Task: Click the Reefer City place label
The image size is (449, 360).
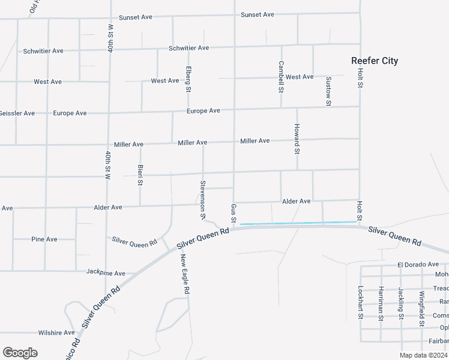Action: (375, 61)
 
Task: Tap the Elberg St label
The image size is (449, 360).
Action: (188, 79)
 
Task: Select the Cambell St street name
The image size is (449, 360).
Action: (280, 77)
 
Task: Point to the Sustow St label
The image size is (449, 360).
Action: (328, 91)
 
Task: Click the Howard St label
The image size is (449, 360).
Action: (297, 139)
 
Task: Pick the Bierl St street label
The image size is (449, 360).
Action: (140, 175)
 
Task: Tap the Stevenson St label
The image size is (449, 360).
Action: (203, 200)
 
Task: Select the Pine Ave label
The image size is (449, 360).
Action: (44, 239)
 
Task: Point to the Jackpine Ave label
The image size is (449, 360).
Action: (106, 272)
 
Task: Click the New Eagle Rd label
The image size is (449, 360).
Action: (186, 274)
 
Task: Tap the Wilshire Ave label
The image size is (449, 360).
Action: (56, 332)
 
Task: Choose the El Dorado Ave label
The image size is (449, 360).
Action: (418, 264)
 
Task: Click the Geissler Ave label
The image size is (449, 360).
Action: (17, 113)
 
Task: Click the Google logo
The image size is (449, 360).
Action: (20, 353)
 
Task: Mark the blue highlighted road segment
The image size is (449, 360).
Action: (298, 223)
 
